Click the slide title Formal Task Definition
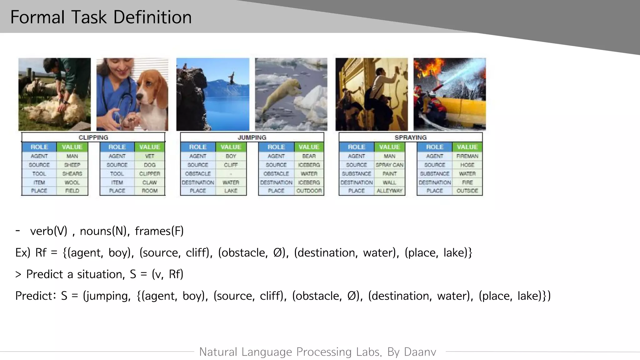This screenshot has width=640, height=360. (x=101, y=17)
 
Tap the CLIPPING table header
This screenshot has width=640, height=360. (x=93, y=137)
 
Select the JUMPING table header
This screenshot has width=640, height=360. (x=252, y=137)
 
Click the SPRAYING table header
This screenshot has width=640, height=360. (x=410, y=137)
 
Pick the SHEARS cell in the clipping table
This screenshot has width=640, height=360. (x=72, y=174)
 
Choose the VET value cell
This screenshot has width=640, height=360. (x=150, y=156)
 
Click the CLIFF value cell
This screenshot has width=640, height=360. (x=231, y=165)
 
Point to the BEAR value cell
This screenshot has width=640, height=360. (x=309, y=156)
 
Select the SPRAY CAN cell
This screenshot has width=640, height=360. (x=389, y=165)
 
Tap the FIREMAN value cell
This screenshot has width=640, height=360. (x=467, y=156)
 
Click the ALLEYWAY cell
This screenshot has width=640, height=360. (x=389, y=191)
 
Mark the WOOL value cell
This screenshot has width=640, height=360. (x=72, y=182)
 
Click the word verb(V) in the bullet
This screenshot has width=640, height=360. (x=49, y=231)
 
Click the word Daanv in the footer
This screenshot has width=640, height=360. (x=420, y=352)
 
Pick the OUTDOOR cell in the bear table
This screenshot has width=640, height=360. (x=309, y=191)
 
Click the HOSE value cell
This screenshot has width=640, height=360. (x=467, y=165)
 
